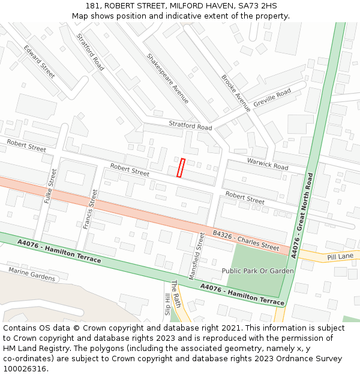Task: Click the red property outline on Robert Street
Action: click(x=180, y=167)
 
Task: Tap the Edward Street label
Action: click(x=39, y=61)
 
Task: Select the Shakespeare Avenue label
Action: click(x=167, y=78)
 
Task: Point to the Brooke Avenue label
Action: click(x=235, y=93)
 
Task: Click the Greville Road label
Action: click(x=272, y=98)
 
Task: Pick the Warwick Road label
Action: click(x=268, y=163)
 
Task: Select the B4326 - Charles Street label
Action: click(x=246, y=240)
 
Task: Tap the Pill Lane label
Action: click(x=341, y=256)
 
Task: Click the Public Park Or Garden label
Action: click(x=258, y=271)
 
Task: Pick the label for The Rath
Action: click(x=176, y=294)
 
